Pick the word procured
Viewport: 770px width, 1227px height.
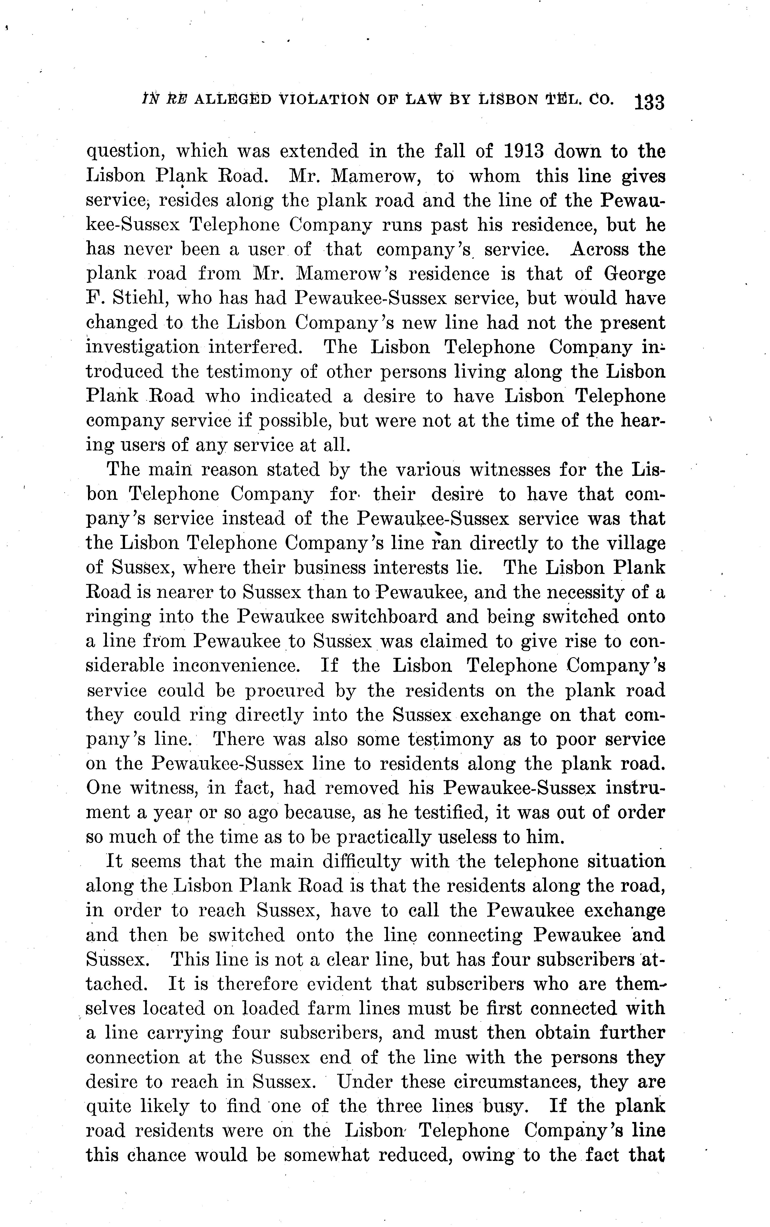pos(285,691)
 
